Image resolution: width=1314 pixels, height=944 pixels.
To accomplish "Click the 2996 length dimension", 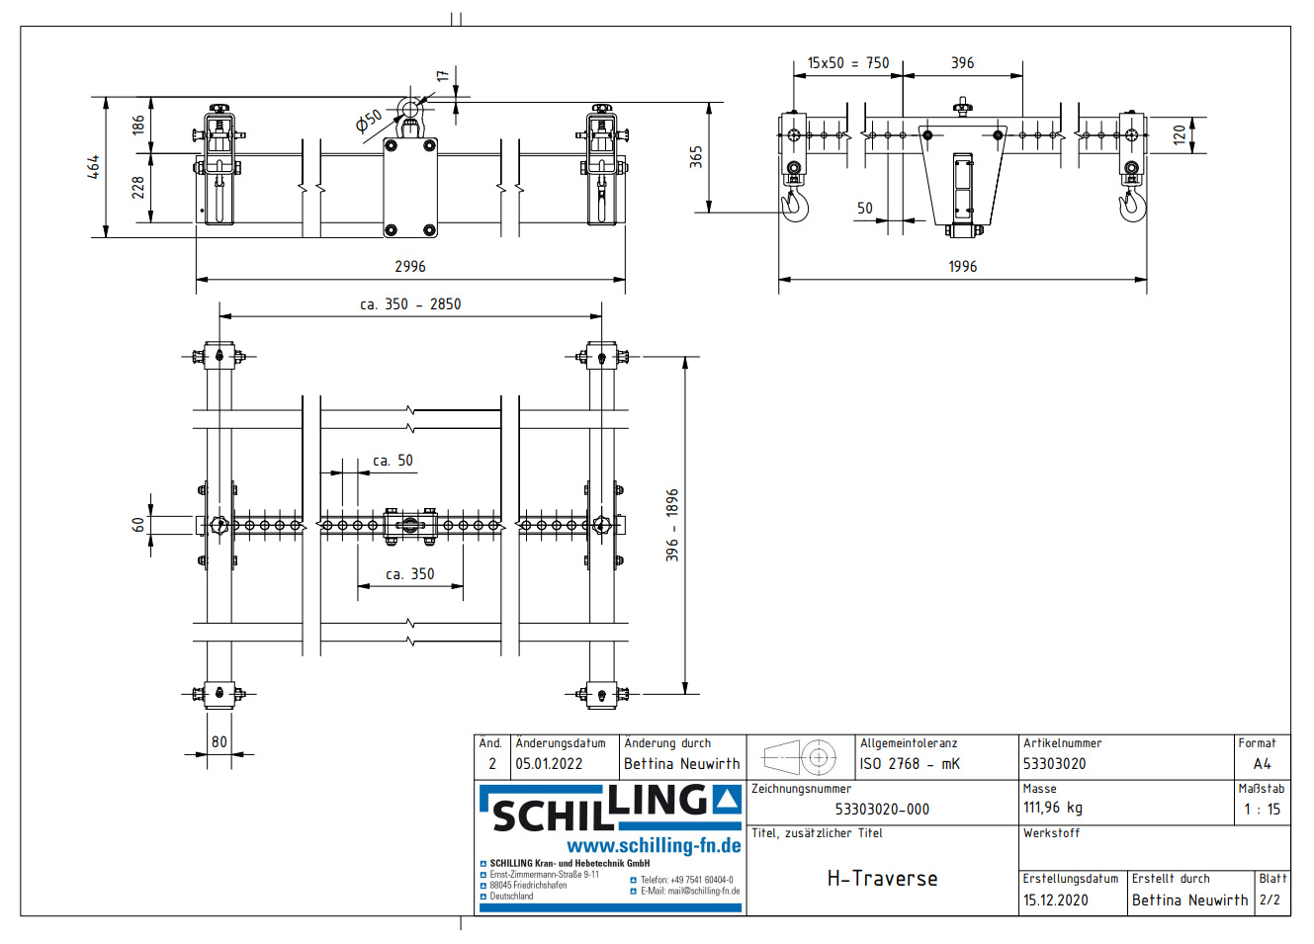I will click(x=410, y=267).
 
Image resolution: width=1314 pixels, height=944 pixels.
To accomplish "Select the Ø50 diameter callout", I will click(x=369, y=122).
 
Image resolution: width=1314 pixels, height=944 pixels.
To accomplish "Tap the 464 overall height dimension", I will click(x=93, y=166).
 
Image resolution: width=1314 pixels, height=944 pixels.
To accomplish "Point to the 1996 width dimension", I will click(x=962, y=267).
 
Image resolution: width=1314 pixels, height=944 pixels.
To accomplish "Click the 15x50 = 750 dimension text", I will click(x=847, y=63).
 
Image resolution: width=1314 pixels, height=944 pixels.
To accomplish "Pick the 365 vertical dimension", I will click(x=696, y=157).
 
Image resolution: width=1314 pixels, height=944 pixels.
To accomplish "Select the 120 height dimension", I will click(x=1179, y=134).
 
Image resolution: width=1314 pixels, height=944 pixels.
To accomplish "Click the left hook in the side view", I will click(x=795, y=205).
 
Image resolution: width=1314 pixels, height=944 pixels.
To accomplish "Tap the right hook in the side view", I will click(x=1132, y=205).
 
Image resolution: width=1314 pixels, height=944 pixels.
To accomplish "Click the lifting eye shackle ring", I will click(x=409, y=108).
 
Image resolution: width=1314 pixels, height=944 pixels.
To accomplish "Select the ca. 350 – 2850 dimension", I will click(x=410, y=304).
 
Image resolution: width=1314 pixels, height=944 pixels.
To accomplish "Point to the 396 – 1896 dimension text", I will click(x=672, y=525).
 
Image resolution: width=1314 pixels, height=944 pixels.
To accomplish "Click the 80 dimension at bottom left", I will click(x=219, y=742).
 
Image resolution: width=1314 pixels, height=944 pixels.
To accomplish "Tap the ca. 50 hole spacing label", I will click(x=393, y=461).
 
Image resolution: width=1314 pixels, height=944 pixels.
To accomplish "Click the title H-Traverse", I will click(x=882, y=879).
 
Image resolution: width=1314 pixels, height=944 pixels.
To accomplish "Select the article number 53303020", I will click(x=1054, y=764).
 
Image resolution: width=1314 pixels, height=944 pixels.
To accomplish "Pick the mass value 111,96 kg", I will click(x=1052, y=808).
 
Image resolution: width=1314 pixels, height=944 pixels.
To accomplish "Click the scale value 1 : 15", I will click(x=1262, y=810).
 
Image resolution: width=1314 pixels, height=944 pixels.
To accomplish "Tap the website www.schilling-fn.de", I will click(x=654, y=846).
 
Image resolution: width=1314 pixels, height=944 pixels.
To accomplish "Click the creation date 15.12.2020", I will click(x=1055, y=901).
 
